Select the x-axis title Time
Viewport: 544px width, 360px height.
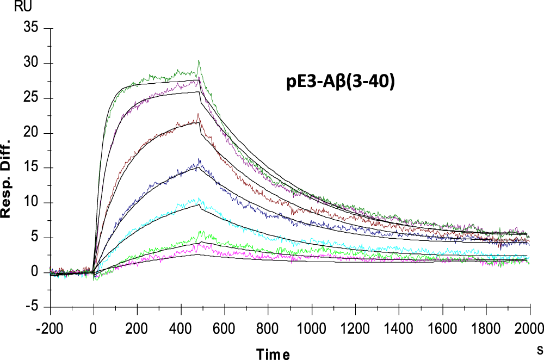click(x=273, y=354)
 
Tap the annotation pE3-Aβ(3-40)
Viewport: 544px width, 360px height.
click(x=340, y=82)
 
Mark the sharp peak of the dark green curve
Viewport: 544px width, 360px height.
click(x=199, y=60)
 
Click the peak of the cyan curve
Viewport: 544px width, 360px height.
click(x=199, y=198)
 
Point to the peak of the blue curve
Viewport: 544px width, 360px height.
click(x=199, y=159)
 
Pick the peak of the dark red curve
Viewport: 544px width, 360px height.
click(x=198, y=114)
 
